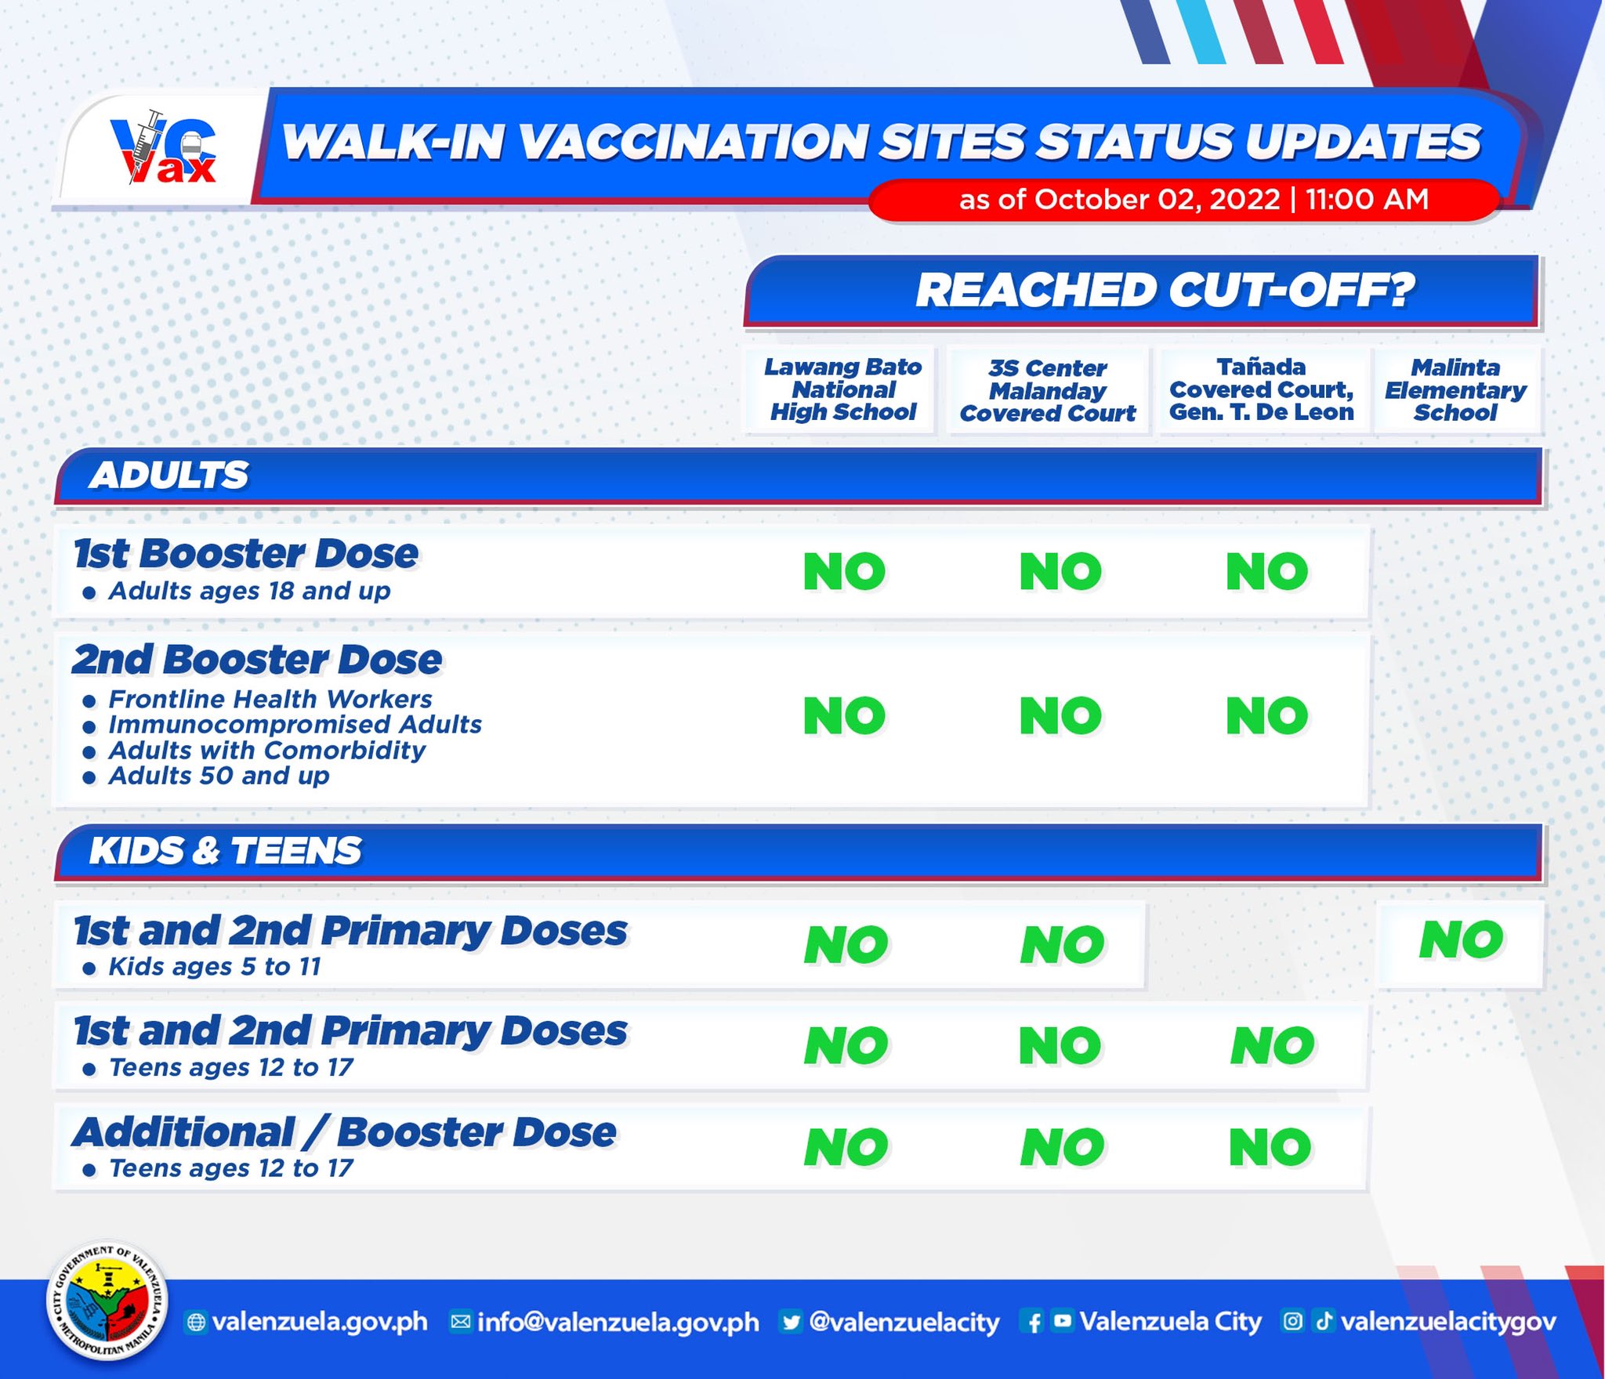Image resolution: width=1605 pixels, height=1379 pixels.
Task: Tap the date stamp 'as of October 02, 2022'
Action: (x=1119, y=200)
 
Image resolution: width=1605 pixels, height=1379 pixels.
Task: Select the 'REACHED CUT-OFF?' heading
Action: (x=1165, y=291)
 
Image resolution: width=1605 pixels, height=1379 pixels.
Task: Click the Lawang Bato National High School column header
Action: (x=842, y=389)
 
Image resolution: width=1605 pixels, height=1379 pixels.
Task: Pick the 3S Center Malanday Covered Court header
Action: (x=1048, y=390)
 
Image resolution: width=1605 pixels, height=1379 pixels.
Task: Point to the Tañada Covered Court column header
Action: (x=1262, y=389)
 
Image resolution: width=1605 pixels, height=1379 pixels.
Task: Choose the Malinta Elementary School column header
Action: (x=1455, y=390)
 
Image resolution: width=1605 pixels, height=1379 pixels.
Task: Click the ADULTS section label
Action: (x=168, y=475)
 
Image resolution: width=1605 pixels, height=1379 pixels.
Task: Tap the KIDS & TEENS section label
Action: (x=226, y=851)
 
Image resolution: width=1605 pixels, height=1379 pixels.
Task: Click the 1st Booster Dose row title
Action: (x=246, y=554)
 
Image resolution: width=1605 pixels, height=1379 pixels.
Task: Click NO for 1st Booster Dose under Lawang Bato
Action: (x=845, y=571)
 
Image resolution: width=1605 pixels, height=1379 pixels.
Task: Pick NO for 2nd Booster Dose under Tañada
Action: (x=1267, y=715)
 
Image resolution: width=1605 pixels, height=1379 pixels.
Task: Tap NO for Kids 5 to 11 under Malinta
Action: (x=1462, y=939)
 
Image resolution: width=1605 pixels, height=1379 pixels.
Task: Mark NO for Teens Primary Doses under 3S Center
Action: (x=1060, y=1046)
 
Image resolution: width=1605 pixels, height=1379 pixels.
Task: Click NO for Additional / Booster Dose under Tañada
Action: (x=1270, y=1148)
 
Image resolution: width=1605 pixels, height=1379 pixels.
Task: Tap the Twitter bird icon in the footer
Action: (x=792, y=1322)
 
